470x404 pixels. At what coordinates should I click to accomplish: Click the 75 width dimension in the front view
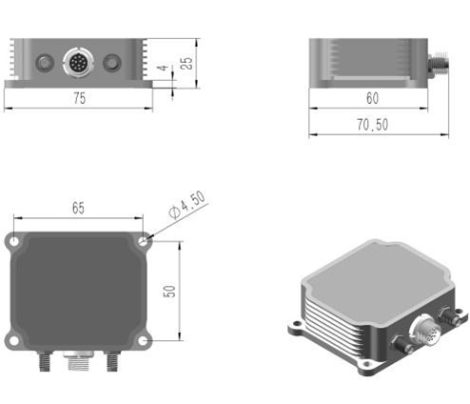coord(80,99)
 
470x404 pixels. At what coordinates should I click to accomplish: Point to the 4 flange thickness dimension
coord(164,69)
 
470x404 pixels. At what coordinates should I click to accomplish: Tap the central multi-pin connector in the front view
coord(79,64)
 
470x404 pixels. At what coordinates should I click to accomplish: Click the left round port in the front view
coord(43,64)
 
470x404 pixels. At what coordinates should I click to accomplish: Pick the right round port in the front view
coord(113,64)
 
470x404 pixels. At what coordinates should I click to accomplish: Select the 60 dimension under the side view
coord(370,98)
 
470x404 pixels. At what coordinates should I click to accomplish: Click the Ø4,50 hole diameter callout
coord(186,206)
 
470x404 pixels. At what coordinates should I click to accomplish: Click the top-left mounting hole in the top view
coord(14,242)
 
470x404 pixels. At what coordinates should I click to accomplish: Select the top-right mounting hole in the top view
coord(144,242)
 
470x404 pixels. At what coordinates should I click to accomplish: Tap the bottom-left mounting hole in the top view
coord(14,340)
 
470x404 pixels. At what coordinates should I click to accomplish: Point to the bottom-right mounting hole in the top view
coord(144,340)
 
